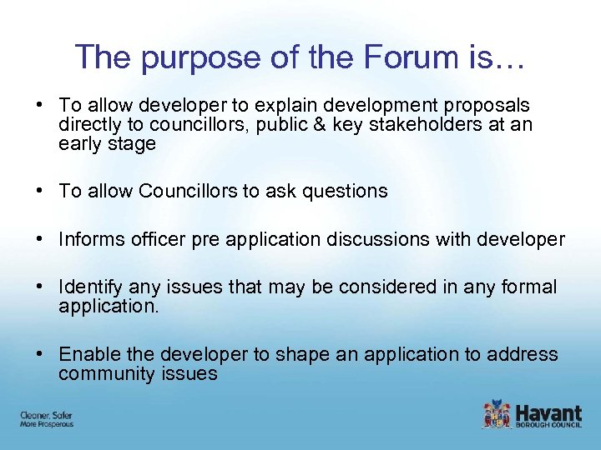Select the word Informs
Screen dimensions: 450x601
90,239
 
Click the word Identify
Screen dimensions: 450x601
91,287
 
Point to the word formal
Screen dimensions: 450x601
527,287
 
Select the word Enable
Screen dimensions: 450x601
88,355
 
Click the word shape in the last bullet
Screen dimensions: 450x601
299,355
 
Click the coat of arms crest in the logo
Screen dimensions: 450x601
497,413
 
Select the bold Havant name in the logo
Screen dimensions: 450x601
548,411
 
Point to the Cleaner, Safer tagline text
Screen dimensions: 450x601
47,414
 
